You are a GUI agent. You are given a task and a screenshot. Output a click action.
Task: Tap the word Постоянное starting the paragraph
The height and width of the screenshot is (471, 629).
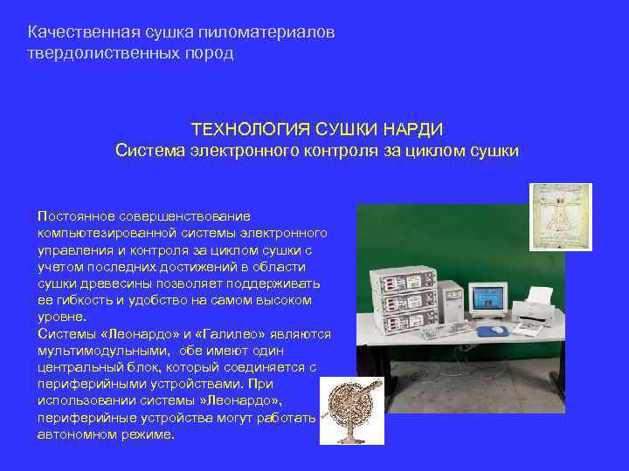74,215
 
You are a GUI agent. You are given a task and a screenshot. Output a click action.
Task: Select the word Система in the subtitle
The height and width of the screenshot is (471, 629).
143,150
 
